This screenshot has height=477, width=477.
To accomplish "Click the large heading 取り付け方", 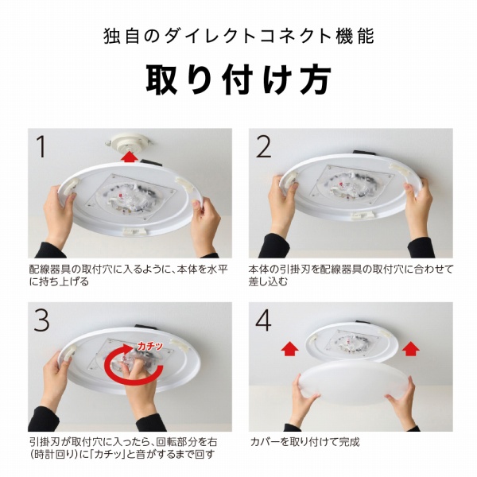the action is coord(238,80).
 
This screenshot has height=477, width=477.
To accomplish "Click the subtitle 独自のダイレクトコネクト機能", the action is coord(238,37).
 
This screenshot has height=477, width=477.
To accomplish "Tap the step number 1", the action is coord(41,146).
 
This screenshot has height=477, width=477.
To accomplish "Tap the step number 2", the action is coord(263,146).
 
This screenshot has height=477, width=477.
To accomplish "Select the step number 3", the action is coord(41,320).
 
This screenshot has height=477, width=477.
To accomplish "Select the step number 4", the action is coord(263,320).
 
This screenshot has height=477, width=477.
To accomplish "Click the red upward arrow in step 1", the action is coord(129,157).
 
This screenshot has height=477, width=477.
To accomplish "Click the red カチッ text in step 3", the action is coord(150,346).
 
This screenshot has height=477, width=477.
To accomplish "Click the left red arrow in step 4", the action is coord(289,349).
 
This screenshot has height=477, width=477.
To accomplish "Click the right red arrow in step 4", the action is coord(411,349).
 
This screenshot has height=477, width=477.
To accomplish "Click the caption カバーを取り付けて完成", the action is coord(304,442).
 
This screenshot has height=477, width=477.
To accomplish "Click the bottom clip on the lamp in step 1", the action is coord(134,231).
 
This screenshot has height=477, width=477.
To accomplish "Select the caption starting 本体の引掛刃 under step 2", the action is coord(351,275).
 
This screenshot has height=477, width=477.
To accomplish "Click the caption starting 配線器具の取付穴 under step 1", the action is coord(128,275).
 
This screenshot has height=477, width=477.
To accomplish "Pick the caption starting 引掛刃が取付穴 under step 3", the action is coord(123,448).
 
